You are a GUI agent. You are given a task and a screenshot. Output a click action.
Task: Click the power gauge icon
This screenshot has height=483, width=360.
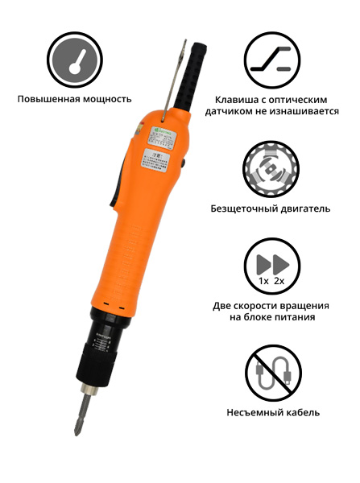tap(75, 60)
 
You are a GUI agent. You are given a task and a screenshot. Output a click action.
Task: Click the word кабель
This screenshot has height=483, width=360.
tap(305, 412)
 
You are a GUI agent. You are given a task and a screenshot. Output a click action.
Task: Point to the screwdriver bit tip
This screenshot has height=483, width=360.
tap(78, 430)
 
